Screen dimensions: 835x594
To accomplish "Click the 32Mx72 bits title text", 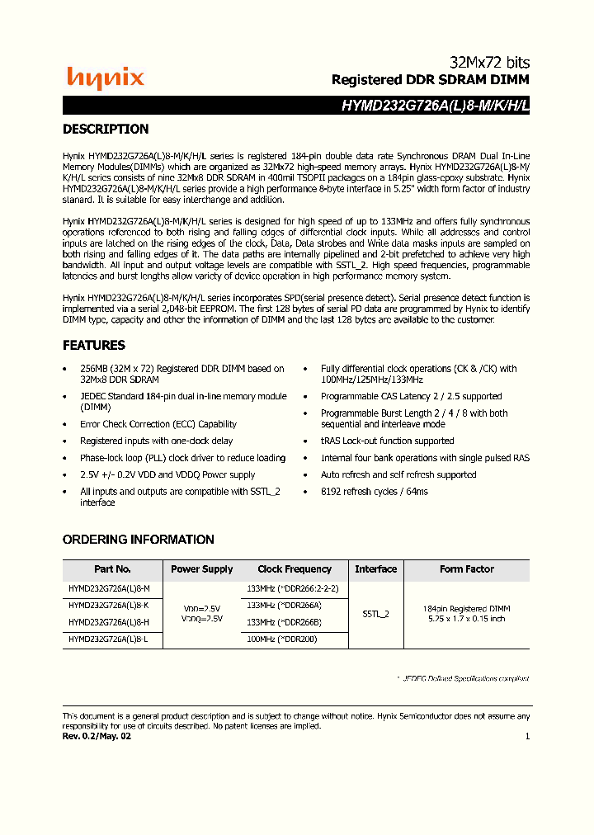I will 489,63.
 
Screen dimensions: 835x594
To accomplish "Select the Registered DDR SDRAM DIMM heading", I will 430,80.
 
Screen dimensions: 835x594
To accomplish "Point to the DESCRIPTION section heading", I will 106,129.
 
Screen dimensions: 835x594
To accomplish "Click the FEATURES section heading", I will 94,345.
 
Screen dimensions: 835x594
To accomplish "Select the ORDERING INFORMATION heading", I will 139,540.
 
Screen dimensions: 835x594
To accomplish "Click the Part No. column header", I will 112,569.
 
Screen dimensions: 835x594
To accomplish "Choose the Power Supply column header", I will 201,569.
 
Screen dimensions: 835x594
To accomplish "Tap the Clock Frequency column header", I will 295,569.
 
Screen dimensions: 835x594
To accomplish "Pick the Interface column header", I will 375,569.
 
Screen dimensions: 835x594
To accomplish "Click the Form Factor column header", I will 466,569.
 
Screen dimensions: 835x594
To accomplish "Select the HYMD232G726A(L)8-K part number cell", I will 109,606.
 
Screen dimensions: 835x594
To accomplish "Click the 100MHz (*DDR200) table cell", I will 282,639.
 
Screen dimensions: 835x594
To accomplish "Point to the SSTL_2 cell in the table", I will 375,614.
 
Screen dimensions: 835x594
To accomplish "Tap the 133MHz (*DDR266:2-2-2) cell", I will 293,589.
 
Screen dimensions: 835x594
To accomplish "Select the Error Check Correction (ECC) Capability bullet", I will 158,424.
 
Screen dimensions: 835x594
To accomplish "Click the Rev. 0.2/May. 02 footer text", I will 97,736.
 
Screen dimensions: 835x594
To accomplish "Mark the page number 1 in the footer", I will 527,736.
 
